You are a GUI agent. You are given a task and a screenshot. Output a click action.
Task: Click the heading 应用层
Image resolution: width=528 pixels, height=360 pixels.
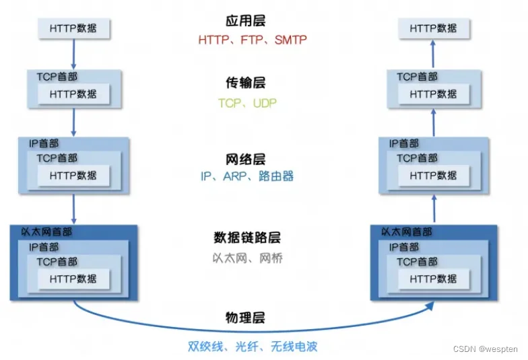point(245,20)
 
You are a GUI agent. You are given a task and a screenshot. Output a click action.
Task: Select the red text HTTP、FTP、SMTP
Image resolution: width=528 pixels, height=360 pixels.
point(253,40)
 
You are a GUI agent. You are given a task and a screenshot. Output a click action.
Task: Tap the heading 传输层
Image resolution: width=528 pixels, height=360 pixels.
point(245,82)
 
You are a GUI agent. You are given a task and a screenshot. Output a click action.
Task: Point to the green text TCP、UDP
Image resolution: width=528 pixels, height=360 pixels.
point(248,103)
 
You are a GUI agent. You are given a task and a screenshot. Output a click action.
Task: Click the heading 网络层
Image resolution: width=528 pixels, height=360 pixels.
point(245,159)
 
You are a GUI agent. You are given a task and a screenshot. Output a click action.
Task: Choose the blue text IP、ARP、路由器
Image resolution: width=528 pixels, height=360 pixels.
point(247,176)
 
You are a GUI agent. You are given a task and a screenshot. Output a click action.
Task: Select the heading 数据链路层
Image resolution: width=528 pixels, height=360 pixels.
point(247,238)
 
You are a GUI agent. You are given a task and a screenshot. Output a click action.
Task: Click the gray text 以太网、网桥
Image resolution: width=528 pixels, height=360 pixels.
point(248,258)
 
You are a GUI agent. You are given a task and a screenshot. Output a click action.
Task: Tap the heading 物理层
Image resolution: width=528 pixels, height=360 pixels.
point(245,318)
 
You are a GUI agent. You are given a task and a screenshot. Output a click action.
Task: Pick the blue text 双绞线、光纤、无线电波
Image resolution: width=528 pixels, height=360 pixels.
point(253,346)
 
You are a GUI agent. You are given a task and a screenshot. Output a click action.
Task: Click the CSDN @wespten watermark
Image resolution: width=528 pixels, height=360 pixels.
point(485,349)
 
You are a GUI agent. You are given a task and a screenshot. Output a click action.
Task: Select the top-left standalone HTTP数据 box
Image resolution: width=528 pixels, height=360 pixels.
point(74,28)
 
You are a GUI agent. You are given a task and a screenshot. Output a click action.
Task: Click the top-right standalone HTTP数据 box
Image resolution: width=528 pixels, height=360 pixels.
point(434,28)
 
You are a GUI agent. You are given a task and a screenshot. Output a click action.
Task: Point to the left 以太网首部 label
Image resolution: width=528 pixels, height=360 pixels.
point(46,231)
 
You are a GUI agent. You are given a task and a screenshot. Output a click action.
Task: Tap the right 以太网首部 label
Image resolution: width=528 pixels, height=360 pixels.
point(407,231)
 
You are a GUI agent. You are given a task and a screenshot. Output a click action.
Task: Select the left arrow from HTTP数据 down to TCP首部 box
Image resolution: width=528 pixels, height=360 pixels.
point(74,54)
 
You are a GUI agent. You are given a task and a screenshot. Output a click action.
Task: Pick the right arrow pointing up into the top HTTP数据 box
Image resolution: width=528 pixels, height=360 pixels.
point(433,54)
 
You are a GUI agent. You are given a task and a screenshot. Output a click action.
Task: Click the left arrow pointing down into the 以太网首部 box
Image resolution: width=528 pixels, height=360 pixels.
point(74,209)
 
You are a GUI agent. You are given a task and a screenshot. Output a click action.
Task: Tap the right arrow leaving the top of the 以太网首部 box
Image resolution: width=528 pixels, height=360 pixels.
point(434,209)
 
